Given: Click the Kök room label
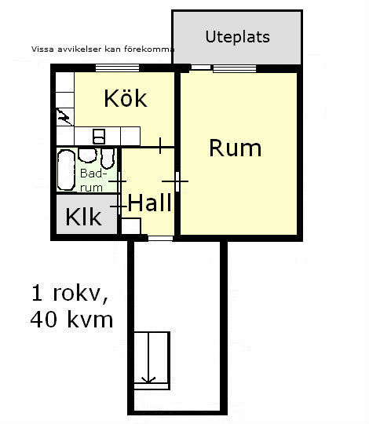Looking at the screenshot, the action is [126, 98].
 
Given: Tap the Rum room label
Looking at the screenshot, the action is [236, 148].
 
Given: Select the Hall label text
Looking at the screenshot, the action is [149, 202].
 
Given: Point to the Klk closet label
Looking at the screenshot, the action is [83, 217].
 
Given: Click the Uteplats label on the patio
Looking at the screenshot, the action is [237, 37].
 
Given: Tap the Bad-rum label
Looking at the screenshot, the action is [92, 180].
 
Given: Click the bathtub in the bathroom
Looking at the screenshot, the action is [66, 170].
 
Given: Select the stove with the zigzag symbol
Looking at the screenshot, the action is [65, 117].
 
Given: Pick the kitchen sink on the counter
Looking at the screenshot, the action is [99, 137].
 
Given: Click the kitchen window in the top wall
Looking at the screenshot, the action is [118, 68].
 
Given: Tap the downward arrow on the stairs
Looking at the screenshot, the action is [148, 358].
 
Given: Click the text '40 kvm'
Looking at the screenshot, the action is [71, 320].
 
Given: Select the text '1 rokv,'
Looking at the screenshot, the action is [70, 294].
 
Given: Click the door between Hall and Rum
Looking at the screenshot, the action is [177, 181].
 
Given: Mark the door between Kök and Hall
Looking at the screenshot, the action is [160, 146].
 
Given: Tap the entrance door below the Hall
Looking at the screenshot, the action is [161, 239].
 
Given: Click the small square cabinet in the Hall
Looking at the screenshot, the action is [131, 226].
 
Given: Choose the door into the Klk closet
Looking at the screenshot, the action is [119, 207].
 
